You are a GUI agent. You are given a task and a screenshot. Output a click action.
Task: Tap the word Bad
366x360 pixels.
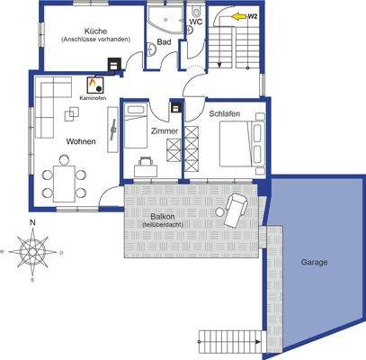[x=164, y=41]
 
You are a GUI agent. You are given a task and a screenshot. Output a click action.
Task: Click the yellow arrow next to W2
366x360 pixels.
[x=238, y=16]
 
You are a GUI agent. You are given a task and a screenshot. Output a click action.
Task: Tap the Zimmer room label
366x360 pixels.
[x=165, y=131]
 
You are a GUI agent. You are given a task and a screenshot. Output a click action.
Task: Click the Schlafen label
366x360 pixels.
[x=225, y=115]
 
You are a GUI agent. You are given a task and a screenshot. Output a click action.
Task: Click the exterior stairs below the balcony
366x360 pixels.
[x=229, y=340]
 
